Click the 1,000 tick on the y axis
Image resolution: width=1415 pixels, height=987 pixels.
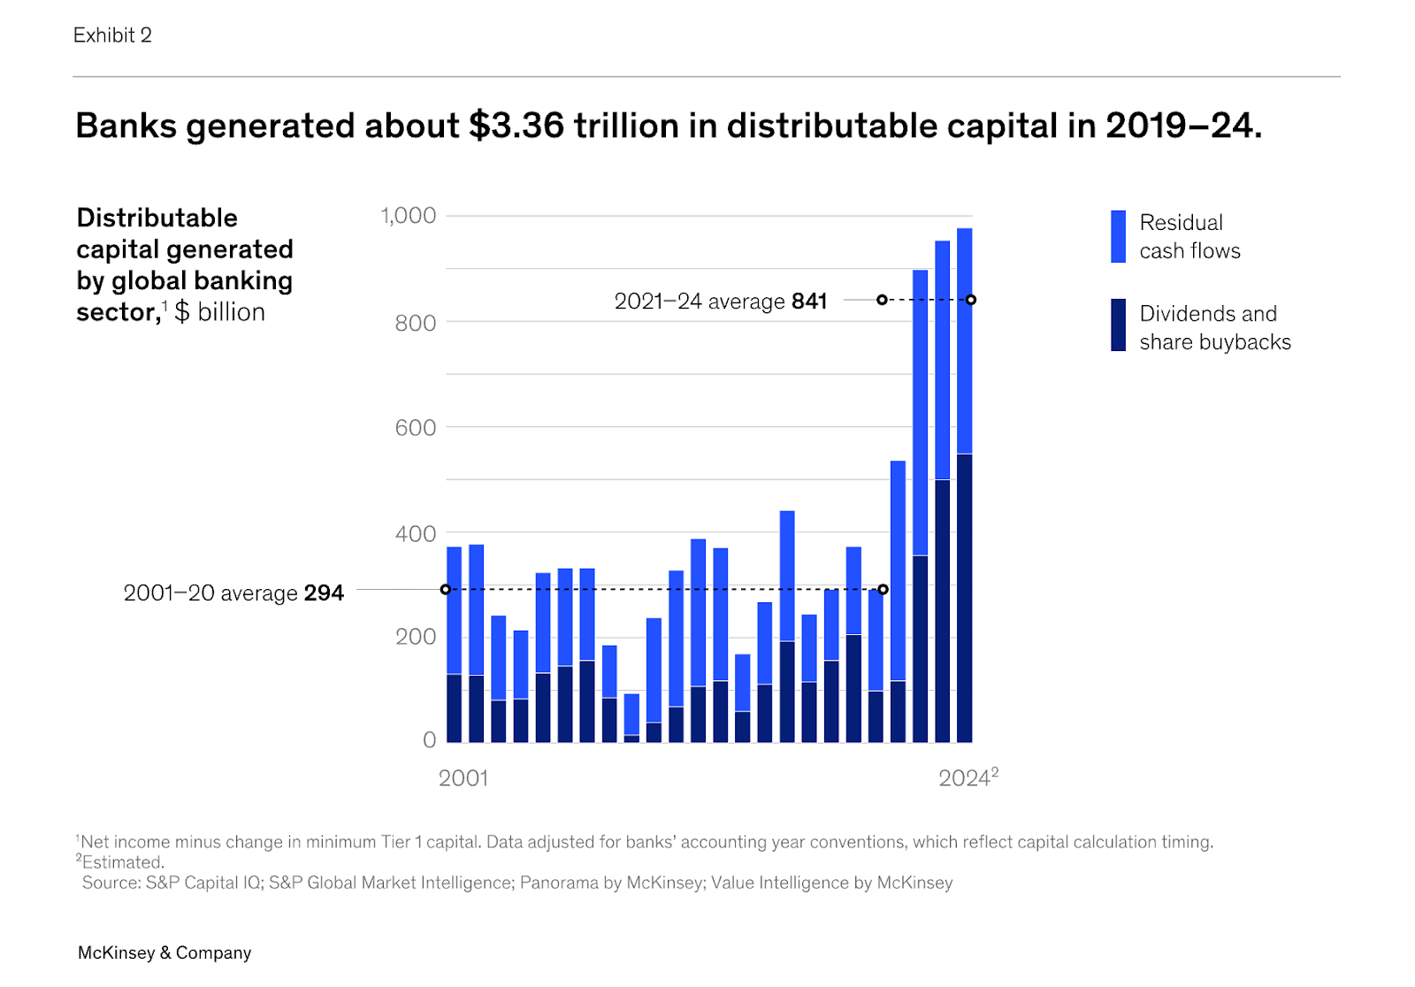pyautogui.click(x=408, y=216)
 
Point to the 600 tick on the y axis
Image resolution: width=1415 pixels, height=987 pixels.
pyautogui.click(x=415, y=428)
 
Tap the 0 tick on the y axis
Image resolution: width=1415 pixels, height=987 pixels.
pyautogui.click(x=429, y=740)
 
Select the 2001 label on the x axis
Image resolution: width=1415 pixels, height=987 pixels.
pyautogui.click(x=463, y=778)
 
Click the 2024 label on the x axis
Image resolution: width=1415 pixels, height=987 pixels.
pyautogui.click(x=964, y=778)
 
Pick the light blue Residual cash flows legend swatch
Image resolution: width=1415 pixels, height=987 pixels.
pyautogui.click(x=1119, y=236)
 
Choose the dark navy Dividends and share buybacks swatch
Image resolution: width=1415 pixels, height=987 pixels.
pyautogui.click(x=1119, y=325)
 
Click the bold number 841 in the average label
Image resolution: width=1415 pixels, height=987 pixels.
pyautogui.click(x=809, y=302)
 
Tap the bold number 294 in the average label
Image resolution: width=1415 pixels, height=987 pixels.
pyautogui.click(x=324, y=593)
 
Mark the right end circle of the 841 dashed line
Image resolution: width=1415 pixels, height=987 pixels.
pyautogui.click(x=971, y=300)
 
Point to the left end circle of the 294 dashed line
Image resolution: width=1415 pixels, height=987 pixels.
pyautogui.click(x=446, y=589)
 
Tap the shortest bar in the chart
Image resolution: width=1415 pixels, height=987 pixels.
pyautogui.click(x=631, y=718)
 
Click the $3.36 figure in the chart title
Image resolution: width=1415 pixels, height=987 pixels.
pyautogui.click(x=516, y=126)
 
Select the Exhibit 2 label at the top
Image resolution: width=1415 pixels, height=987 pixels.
pyautogui.click(x=112, y=35)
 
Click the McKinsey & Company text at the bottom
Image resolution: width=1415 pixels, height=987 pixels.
pyautogui.click(x=164, y=953)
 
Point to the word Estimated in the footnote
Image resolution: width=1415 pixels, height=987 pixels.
pyautogui.click(x=123, y=862)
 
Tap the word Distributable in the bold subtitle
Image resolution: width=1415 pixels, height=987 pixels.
pyautogui.click(x=157, y=218)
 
